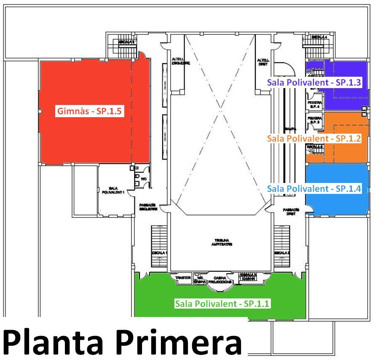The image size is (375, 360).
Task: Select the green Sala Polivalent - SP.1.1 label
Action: pos(222,304)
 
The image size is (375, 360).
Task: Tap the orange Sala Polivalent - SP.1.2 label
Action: pos(314,138)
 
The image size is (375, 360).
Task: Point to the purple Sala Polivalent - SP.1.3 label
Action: pos(314,82)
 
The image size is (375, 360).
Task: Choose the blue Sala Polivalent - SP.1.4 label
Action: pos(314,188)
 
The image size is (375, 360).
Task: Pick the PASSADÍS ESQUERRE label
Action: pos(148,207)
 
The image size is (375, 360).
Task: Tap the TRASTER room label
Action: pos(183,278)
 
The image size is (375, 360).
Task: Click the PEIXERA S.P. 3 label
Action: pos(315,120)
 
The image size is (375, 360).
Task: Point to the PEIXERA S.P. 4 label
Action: pos(315,104)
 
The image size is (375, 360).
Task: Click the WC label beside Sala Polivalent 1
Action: pos(143,179)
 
